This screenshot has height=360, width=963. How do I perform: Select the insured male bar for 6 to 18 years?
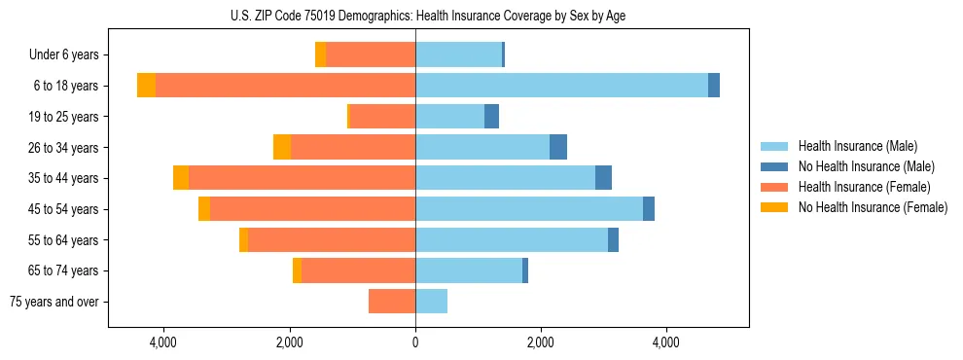coord(561,86)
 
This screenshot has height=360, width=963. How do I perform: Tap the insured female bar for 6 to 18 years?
coord(285,86)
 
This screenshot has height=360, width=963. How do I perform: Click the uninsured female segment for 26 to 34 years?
coord(282,147)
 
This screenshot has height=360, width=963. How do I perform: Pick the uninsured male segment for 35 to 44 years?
coord(603,178)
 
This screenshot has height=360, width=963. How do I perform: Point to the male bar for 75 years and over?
coord(431,302)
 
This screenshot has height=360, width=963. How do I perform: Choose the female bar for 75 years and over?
coord(392,302)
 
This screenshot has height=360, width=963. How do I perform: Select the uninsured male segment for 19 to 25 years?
coord(491,117)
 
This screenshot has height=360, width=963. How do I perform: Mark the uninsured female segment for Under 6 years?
coord(320,54)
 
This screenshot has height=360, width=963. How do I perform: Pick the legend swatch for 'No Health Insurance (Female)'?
coord(774,207)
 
